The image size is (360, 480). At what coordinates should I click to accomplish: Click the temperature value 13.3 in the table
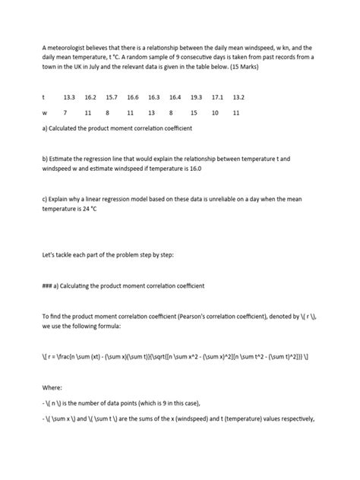(x=69, y=98)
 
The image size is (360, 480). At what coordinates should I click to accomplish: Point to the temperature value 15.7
(x=112, y=98)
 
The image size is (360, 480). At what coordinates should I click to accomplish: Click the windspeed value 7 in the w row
(x=65, y=112)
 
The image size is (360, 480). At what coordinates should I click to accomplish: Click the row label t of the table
(x=43, y=98)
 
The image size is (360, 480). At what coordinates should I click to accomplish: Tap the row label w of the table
(x=44, y=112)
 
